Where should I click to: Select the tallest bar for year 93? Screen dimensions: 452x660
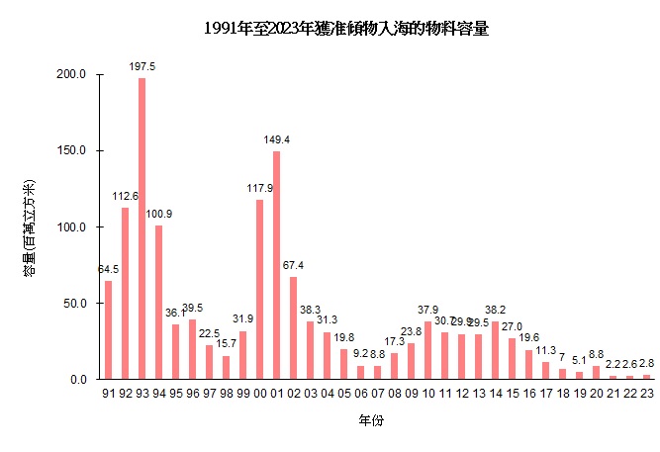click(141, 228)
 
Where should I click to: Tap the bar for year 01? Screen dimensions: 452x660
click(276, 265)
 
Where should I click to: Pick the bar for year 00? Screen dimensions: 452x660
click(259, 289)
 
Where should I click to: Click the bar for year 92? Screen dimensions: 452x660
click(125, 293)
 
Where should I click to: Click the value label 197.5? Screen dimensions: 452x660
click(141, 66)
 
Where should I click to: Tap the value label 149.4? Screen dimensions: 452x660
click(276, 139)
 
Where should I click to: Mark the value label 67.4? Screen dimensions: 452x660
click(293, 265)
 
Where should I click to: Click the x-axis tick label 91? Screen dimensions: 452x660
click(108, 393)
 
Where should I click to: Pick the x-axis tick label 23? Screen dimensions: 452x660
click(646, 393)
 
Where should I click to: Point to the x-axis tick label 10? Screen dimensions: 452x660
click(427, 393)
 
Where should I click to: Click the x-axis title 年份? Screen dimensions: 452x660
click(371, 421)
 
